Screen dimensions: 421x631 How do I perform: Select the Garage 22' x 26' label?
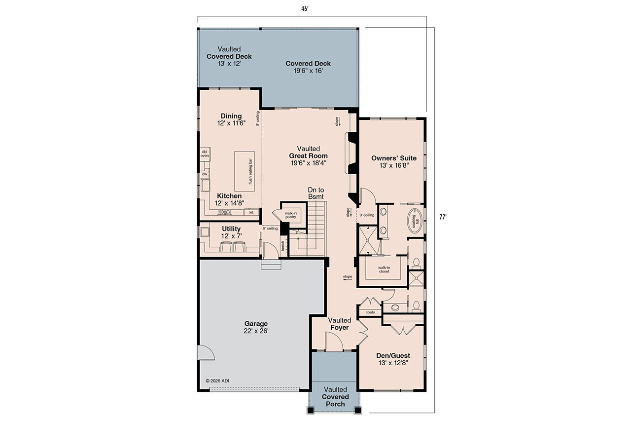[x=256, y=328]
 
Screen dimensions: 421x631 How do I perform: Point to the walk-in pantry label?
[x=290, y=215]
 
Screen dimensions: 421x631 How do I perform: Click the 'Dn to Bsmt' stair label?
[x=316, y=193]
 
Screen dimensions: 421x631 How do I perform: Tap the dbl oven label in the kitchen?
[x=204, y=153]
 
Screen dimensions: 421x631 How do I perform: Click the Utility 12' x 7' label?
[x=231, y=232]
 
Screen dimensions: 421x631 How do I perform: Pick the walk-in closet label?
[x=384, y=269]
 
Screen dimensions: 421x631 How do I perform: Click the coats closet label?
[x=370, y=312]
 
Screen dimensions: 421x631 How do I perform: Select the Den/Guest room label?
[x=393, y=359]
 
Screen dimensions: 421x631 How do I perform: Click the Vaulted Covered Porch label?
[x=335, y=397]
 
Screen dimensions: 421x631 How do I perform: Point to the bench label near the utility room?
[x=282, y=245]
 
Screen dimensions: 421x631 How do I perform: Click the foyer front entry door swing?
[x=334, y=341]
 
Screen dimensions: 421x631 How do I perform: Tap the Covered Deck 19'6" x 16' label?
[x=308, y=67]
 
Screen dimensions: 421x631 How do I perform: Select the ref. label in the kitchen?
[x=251, y=212]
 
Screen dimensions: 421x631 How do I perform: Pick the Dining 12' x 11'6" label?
[x=231, y=119]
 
